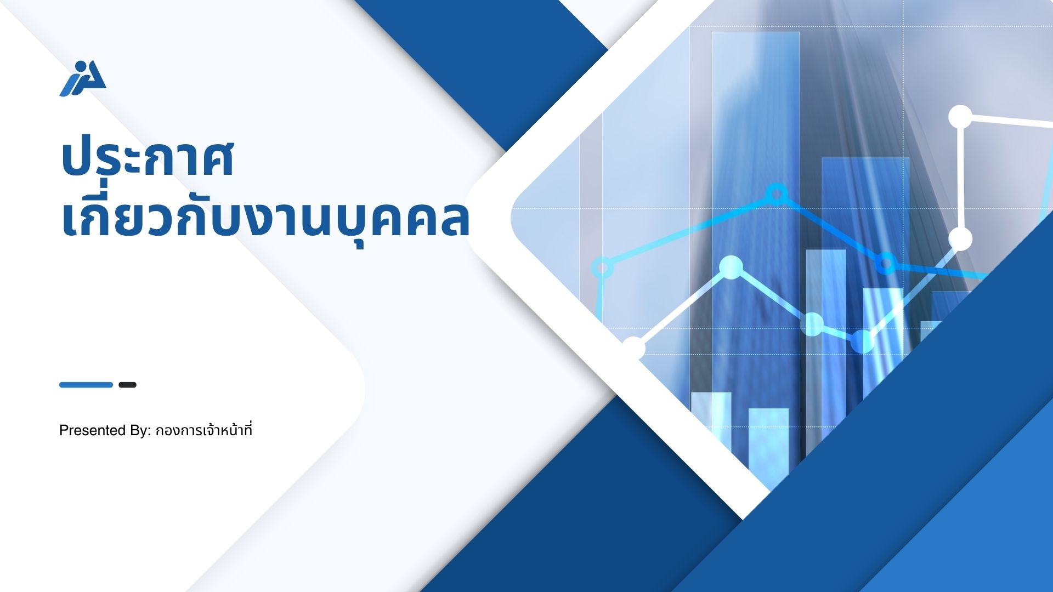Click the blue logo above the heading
(83, 78)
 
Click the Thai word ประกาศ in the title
(148, 159)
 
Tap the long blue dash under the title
(86, 385)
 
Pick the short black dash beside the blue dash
(127, 385)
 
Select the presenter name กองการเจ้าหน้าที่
(204, 430)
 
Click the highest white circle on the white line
(960, 117)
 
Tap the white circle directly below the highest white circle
(960, 239)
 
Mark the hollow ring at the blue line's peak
(776, 193)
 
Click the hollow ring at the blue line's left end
(602, 267)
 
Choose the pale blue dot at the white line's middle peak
(731, 267)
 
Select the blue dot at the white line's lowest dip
(862, 341)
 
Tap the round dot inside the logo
(82, 67)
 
